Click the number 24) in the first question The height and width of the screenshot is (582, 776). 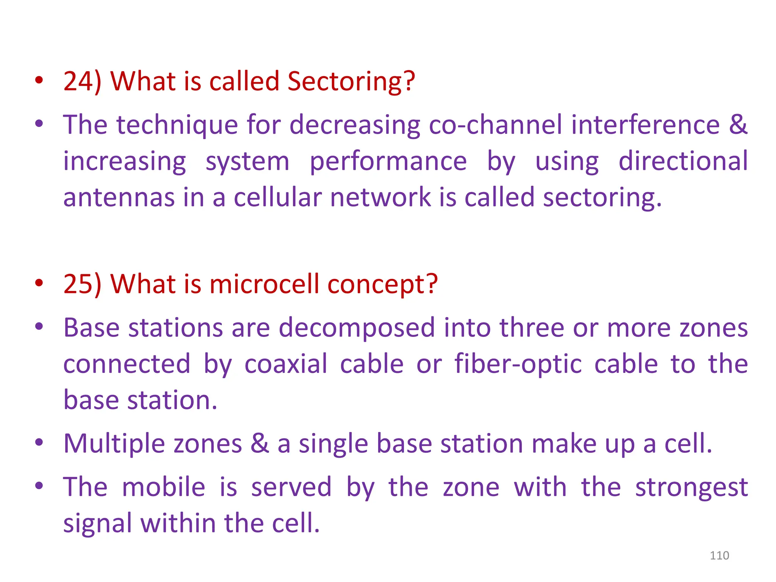pyautogui.click(x=82, y=81)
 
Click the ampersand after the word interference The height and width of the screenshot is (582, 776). pyautogui.click(x=738, y=125)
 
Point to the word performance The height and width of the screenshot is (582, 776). pyautogui.click(x=388, y=161)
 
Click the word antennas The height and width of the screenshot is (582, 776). pyautogui.click(x=119, y=197)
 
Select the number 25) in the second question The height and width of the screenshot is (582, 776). pyautogui.click(x=82, y=284)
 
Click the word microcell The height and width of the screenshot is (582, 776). pyautogui.click(x=264, y=284)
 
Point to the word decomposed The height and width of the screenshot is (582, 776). pyautogui.click(x=357, y=327)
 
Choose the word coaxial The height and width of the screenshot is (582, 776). pyautogui.click(x=286, y=364)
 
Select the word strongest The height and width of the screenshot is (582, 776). pyautogui.click(x=691, y=488)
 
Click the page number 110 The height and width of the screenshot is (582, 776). pyautogui.click(x=719, y=555)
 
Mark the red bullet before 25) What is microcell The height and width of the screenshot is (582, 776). pyautogui.click(x=39, y=283)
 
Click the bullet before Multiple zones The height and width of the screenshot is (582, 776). pyautogui.click(x=39, y=442)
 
